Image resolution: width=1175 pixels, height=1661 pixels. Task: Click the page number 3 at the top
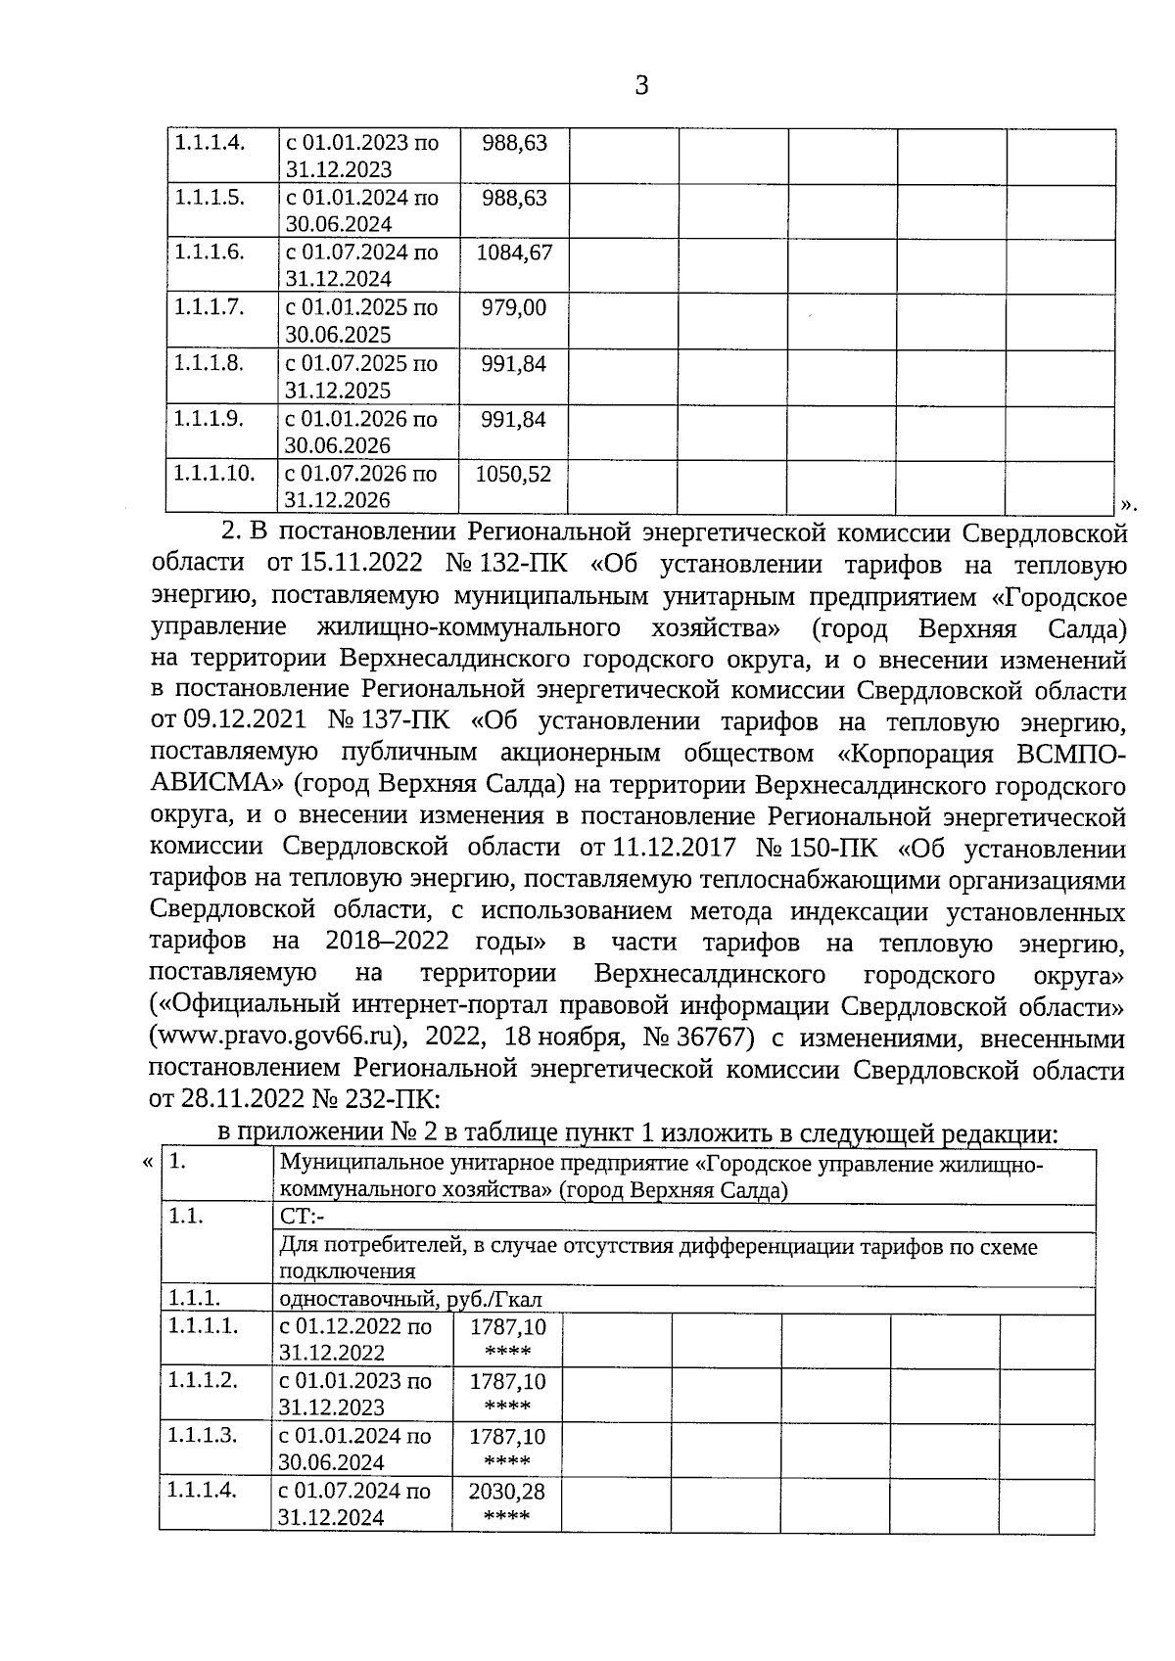pyautogui.click(x=641, y=86)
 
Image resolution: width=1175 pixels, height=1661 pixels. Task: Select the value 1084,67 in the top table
pyautogui.click(x=514, y=254)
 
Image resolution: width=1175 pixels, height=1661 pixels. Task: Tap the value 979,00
pyautogui.click(x=514, y=308)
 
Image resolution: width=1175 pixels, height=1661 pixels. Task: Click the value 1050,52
pyautogui.click(x=514, y=475)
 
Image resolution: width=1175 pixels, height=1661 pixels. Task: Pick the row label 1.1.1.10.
pyautogui.click(x=214, y=474)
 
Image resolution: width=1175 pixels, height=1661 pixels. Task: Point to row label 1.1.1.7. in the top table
pyautogui.click(x=209, y=307)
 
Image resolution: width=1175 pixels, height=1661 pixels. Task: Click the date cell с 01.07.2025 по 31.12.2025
pyautogui.click(x=361, y=377)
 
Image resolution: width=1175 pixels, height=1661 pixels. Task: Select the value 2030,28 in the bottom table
pyautogui.click(x=507, y=1493)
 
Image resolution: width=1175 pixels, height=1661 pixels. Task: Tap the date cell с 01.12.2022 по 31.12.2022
pyautogui.click(x=354, y=1340)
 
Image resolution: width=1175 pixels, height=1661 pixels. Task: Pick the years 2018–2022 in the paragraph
pyautogui.click(x=387, y=943)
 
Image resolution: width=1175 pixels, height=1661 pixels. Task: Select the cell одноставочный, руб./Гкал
pyautogui.click(x=410, y=1299)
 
